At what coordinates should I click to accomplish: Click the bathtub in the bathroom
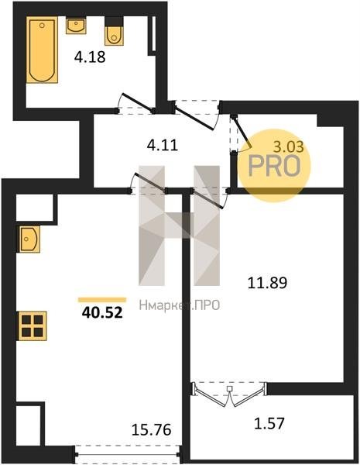click(x=42, y=50)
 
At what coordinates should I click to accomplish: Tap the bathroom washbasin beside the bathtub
click(x=76, y=26)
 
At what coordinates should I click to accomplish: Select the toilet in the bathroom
click(x=114, y=31)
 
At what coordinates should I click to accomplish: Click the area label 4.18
click(x=90, y=57)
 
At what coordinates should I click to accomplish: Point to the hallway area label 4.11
click(x=163, y=146)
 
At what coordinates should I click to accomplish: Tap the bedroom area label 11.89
click(x=267, y=283)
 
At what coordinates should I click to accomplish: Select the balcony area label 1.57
click(x=269, y=423)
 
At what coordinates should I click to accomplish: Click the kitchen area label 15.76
click(x=152, y=429)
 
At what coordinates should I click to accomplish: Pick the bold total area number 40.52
click(x=102, y=312)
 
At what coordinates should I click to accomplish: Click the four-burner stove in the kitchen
click(x=33, y=325)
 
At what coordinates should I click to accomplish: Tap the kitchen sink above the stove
click(x=29, y=239)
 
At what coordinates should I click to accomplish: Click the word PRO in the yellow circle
click(x=274, y=166)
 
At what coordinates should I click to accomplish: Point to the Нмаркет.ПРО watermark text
click(x=180, y=305)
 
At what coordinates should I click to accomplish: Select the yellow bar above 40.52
click(x=102, y=300)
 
